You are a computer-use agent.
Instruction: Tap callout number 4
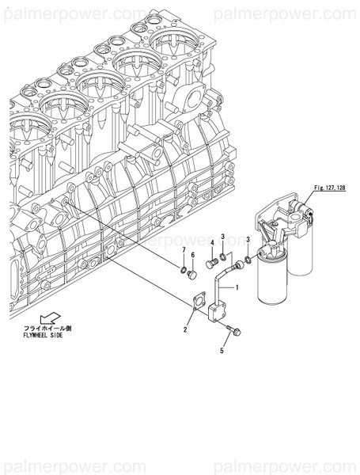212,243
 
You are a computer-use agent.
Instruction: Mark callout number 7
183,251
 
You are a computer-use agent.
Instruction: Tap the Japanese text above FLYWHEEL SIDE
47,326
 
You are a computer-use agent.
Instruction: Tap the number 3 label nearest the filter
248,239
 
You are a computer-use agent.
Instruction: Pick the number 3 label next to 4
224,237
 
